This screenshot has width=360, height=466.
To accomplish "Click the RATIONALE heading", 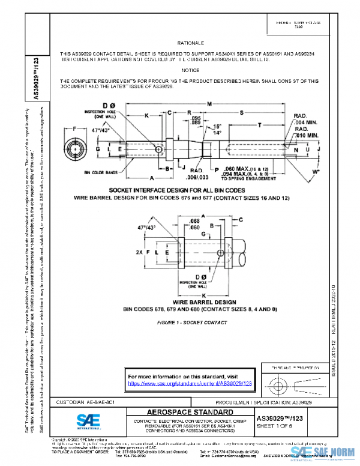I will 191,44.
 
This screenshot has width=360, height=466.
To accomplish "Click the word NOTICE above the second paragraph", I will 191,70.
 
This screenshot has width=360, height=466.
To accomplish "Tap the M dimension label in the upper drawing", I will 209,103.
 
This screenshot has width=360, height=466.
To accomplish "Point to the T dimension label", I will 259,125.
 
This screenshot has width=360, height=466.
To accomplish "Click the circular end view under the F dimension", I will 76,148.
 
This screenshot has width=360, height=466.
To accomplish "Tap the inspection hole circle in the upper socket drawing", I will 158,149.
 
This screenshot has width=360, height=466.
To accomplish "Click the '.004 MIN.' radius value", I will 305,123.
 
